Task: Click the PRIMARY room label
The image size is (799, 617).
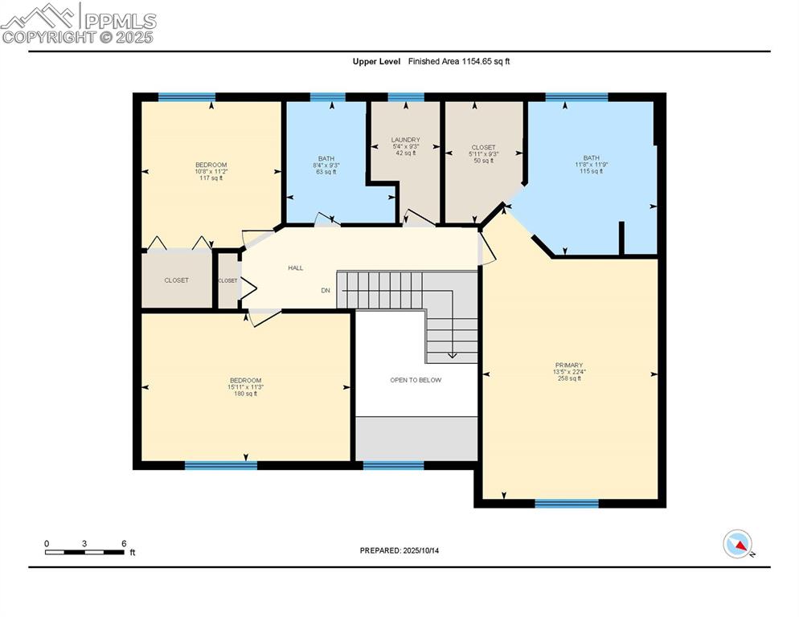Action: [x=568, y=365]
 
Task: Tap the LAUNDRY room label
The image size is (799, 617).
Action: [x=406, y=140]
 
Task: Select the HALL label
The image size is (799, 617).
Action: [x=295, y=268]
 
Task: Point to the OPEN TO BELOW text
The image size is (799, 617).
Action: [x=416, y=380]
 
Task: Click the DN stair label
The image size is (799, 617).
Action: [x=326, y=290]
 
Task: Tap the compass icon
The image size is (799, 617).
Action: [x=737, y=544]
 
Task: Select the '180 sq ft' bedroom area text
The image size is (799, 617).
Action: [x=245, y=394]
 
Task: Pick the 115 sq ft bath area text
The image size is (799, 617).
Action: [x=591, y=171]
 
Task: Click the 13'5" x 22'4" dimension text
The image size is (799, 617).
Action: [x=568, y=372]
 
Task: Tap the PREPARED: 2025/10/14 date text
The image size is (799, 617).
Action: [x=399, y=550]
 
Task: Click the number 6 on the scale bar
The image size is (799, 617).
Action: [x=124, y=543]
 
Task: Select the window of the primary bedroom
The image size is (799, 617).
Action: [x=567, y=504]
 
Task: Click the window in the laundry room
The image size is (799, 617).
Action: [x=406, y=97]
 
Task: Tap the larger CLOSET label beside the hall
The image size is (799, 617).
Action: [x=176, y=280]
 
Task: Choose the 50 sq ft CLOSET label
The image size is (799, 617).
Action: [x=483, y=148]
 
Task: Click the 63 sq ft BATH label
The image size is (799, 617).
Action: [x=326, y=159]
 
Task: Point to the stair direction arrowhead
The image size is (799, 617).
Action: [x=452, y=354]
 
